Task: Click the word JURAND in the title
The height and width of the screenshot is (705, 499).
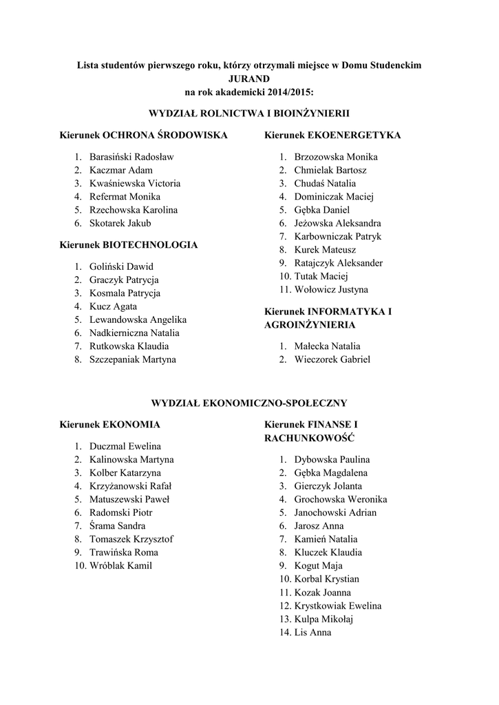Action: (x=248, y=78)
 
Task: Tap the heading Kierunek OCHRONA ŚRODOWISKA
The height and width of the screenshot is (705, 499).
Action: (x=143, y=135)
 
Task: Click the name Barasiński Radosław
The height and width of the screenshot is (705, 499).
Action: (x=131, y=157)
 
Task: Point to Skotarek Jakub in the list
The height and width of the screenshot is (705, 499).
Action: (x=120, y=223)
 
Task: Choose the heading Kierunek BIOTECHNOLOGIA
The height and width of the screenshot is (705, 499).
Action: (x=129, y=244)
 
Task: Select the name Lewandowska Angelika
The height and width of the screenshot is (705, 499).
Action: (x=138, y=320)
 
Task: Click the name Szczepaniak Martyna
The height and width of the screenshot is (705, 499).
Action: (x=132, y=359)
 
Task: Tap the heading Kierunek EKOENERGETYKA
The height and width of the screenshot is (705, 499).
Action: (x=333, y=135)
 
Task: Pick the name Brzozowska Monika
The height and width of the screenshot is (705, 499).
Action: (x=336, y=157)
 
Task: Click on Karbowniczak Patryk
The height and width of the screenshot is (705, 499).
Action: (x=338, y=236)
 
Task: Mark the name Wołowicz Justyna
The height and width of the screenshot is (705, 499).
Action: (x=331, y=290)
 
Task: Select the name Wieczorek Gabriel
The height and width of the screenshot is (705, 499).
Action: (x=332, y=359)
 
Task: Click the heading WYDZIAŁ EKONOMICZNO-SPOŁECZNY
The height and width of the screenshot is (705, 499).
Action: (x=249, y=402)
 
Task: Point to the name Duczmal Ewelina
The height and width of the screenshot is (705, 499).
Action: (x=125, y=447)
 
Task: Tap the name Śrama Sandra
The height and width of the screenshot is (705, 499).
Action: (x=117, y=526)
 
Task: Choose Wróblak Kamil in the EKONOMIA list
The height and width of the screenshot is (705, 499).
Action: (x=121, y=566)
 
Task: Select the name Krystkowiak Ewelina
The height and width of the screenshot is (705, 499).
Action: (x=338, y=606)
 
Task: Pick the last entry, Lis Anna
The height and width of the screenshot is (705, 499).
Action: (x=313, y=632)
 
